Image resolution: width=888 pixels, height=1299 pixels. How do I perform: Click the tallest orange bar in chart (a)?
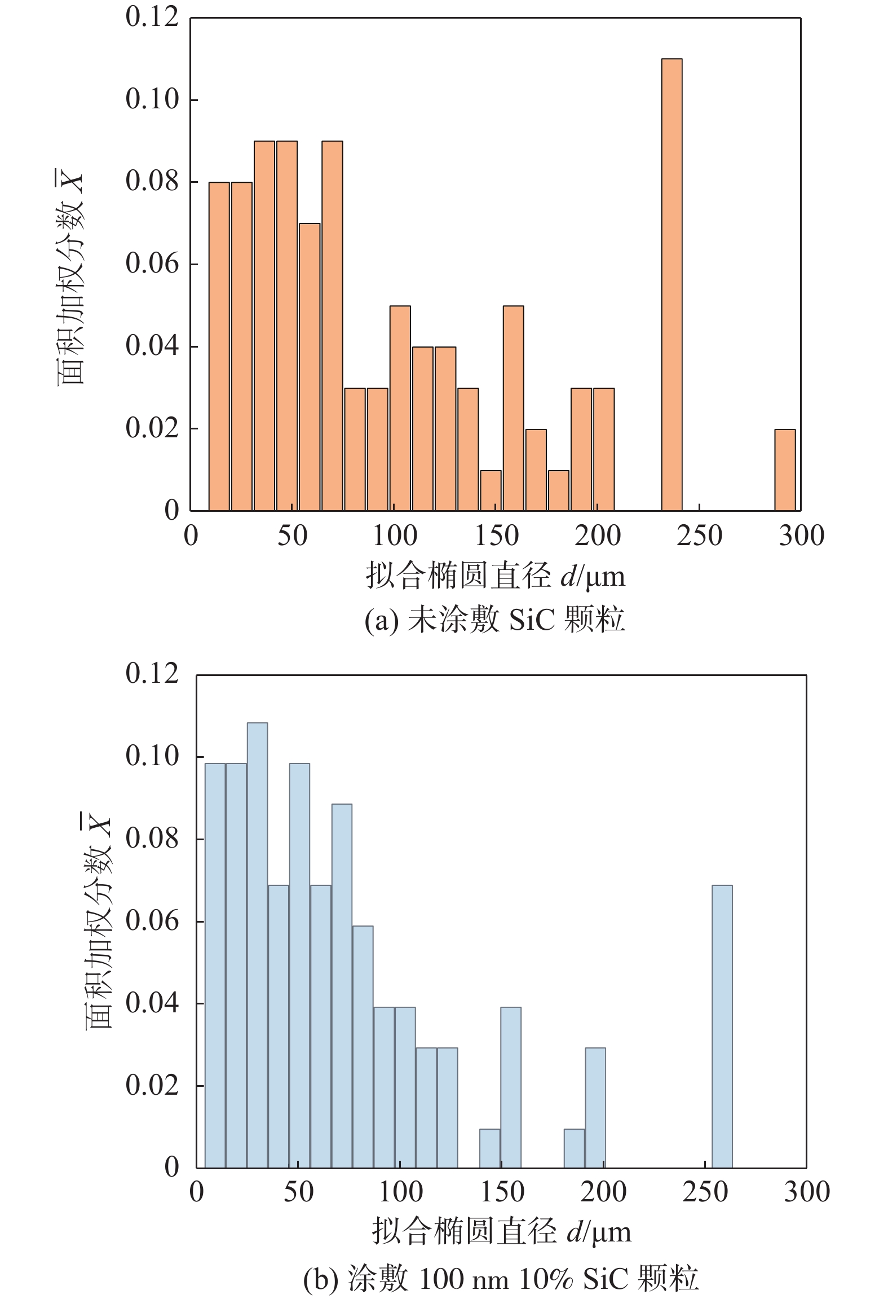(671, 284)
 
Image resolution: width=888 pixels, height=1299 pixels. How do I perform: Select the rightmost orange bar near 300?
(785, 470)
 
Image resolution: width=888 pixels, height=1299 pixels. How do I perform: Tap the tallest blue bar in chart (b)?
(257, 945)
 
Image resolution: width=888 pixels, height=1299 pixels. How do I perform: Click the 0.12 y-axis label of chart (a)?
(152, 17)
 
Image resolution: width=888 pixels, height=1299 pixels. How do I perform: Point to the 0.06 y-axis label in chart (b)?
(152, 921)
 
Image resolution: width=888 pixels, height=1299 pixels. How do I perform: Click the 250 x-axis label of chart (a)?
(699, 536)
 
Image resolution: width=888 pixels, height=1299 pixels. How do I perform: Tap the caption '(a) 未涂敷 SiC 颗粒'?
(494, 619)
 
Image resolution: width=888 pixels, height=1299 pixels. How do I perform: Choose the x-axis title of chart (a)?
(496, 576)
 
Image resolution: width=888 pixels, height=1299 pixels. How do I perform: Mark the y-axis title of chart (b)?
(99, 920)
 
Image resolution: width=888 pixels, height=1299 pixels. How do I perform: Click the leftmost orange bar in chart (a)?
(219, 346)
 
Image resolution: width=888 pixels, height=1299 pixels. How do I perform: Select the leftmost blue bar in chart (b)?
(215, 965)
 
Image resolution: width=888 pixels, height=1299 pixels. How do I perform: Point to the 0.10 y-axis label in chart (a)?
(152, 99)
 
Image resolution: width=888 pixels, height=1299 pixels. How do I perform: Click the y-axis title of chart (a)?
(70, 277)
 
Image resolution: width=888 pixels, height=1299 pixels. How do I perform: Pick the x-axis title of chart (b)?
(501, 1232)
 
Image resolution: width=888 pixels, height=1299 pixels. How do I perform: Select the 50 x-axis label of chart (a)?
(292, 536)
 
